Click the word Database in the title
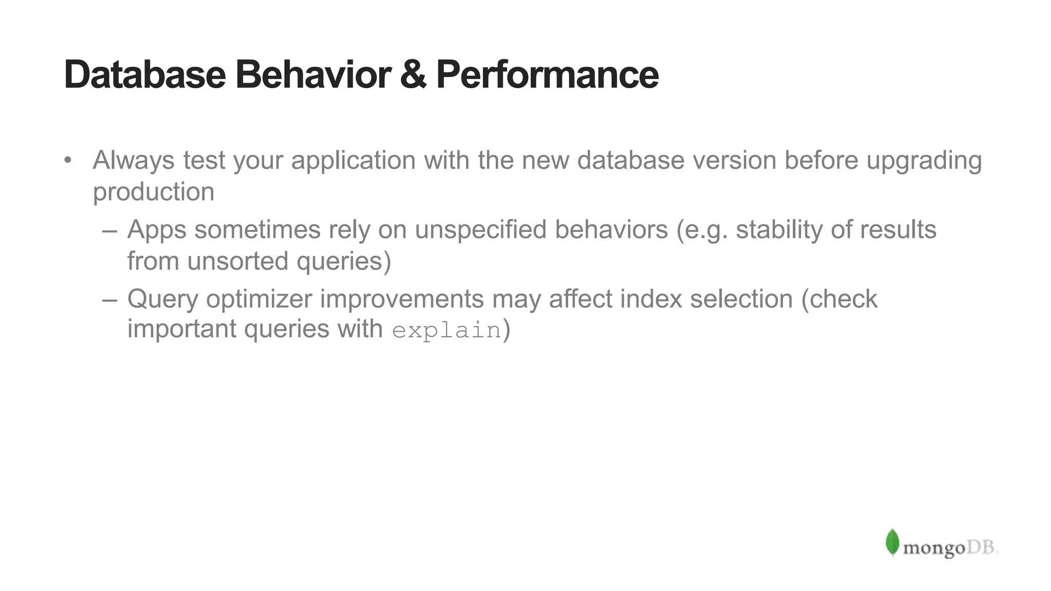(x=145, y=75)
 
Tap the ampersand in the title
(x=413, y=75)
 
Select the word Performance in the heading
(x=547, y=75)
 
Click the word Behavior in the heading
(x=313, y=75)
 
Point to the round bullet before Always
(x=68, y=160)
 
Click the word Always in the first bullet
(x=133, y=160)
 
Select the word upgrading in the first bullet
(x=924, y=161)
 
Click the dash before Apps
(x=109, y=230)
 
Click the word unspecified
(x=480, y=230)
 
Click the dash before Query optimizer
(x=109, y=300)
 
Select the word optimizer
(x=259, y=300)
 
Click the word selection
(x=741, y=299)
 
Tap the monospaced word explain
(x=446, y=330)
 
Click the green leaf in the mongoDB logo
(x=892, y=543)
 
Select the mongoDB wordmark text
(x=950, y=548)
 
